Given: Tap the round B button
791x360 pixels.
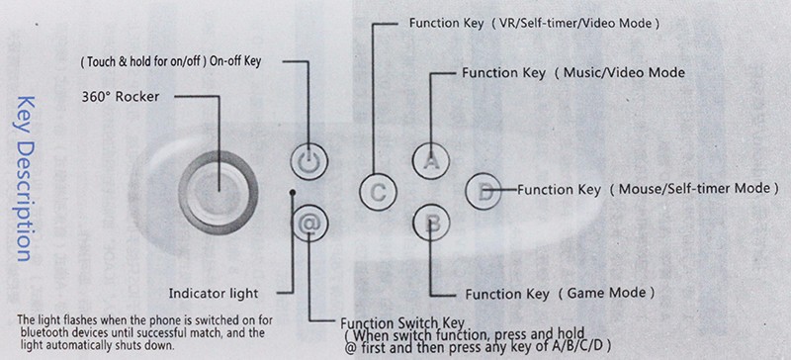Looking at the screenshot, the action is pyautogui.click(x=431, y=224).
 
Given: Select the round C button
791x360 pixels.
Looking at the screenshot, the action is pyautogui.click(x=378, y=193).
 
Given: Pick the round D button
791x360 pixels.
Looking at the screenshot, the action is pyautogui.click(x=483, y=191).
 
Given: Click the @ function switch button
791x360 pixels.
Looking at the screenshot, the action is pyautogui.click(x=309, y=224).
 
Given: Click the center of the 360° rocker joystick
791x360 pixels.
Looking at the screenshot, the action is pyautogui.click(x=219, y=192).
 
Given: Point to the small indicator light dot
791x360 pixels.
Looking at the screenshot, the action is pyautogui.click(x=292, y=193).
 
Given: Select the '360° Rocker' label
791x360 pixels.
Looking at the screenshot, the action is pyautogui.click(x=120, y=97).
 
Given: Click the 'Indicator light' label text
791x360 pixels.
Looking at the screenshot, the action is pyautogui.click(x=214, y=294).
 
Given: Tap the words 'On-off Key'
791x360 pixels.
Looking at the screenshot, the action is pyautogui.click(x=235, y=61).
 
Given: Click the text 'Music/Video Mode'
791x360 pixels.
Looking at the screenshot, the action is pyautogui.click(x=624, y=73).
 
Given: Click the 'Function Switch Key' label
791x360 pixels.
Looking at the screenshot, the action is pyautogui.click(x=402, y=323).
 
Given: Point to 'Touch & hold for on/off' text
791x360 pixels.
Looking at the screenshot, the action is pyautogui.click(x=143, y=62).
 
